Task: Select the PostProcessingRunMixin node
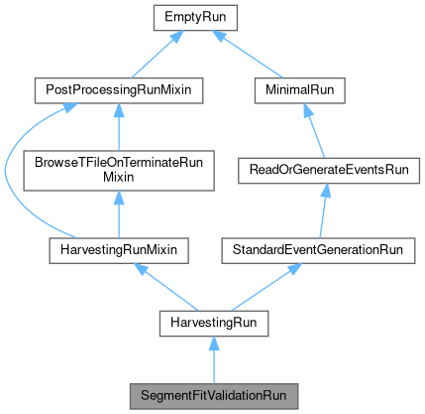118,91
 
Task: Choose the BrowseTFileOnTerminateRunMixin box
118,171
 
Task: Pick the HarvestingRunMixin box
118,250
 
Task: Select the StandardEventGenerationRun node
316,250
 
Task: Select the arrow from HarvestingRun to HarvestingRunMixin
163,287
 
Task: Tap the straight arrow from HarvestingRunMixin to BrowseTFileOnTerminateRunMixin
118,214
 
